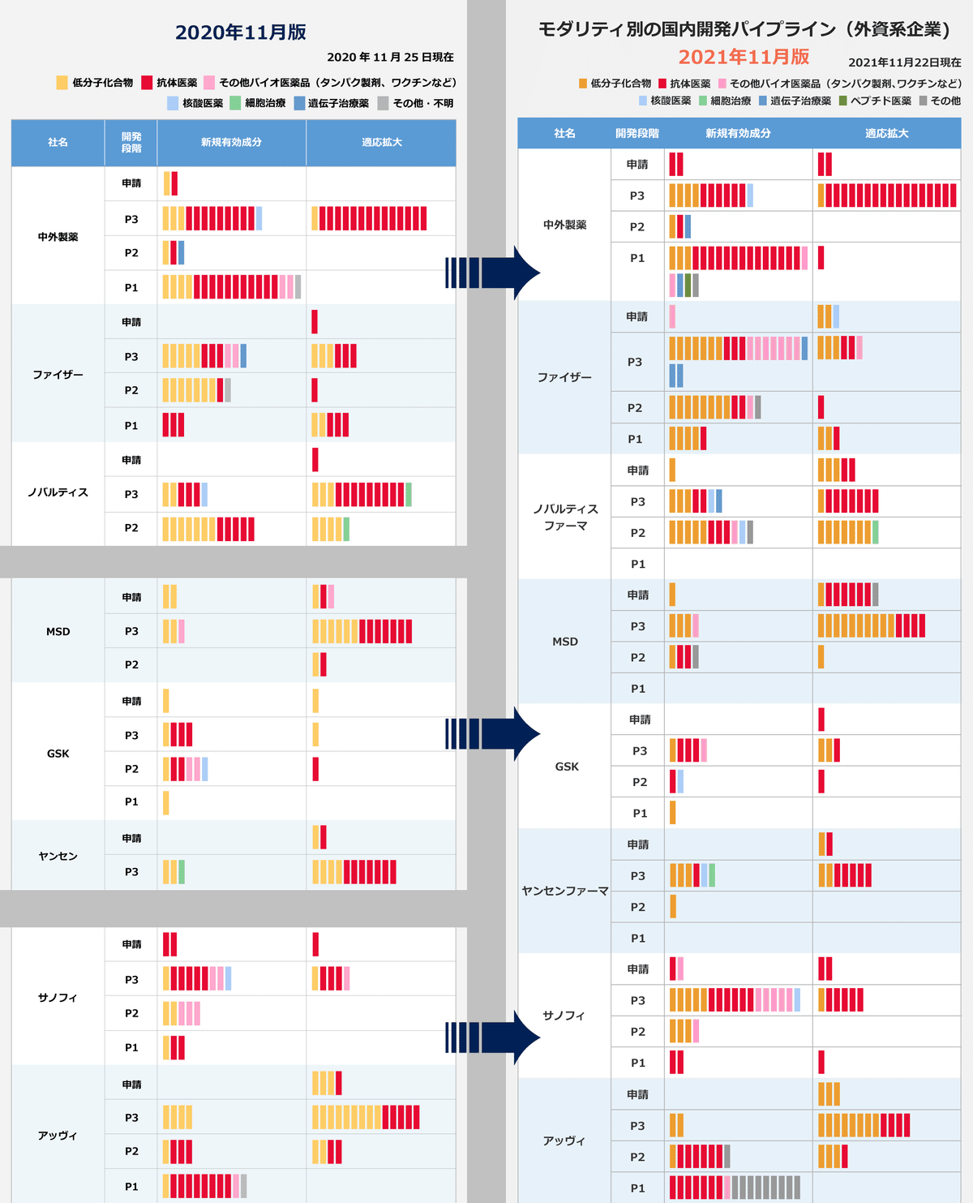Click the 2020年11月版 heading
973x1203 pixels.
pos(241,32)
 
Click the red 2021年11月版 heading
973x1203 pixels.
pos(744,57)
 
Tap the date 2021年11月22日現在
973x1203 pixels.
pos(904,62)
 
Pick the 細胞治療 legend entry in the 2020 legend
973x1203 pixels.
pos(259,103)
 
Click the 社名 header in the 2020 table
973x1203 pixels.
pos(58,143)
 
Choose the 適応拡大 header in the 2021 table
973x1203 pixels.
pos(886,134)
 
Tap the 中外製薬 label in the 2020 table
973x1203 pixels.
pos(58,237)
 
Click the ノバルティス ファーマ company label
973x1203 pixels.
pos(565,517)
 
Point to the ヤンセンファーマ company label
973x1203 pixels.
pos(564,891)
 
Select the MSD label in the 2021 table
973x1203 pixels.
pos(565,642)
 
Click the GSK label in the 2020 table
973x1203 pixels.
pos(58,754)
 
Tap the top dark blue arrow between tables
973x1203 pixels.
pos(493,273)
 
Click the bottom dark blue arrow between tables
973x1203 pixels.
pos(493,1037)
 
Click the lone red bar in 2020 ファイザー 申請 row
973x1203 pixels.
pos(315,322)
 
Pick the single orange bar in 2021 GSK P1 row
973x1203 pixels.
pos(672,813)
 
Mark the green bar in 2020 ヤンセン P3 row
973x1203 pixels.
pos(182,872)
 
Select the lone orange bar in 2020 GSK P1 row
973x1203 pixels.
pos(166,802)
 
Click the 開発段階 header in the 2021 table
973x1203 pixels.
pos(637,134)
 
